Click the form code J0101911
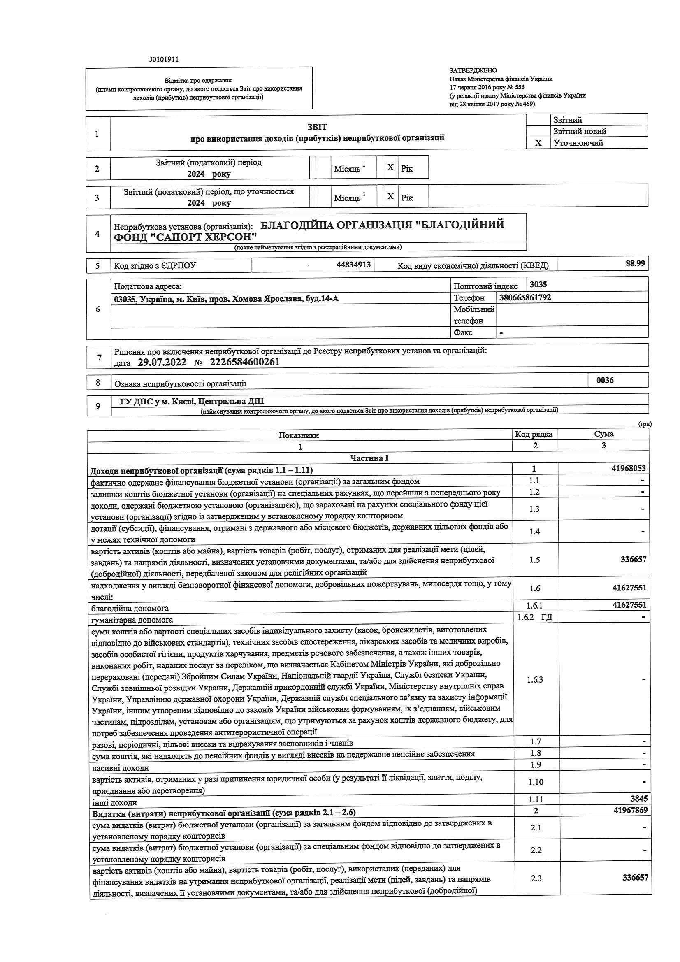click(x=163, y=60)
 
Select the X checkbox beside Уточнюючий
click(x=538, y=143)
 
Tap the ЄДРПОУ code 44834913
click(x=354, y=265)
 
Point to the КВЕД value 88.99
click(x=636, y=264)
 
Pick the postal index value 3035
click(x=538, y=284)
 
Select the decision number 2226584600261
click(x=244, y=362)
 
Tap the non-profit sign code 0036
click(x=605, y=380)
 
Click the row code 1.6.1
click(x=535, y=605)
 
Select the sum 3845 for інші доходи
click(x=638, y=799)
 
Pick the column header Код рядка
click(x=534, y=434)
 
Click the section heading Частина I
click(x=369, y=458)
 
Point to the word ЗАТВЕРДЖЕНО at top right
click(x=473, y=70)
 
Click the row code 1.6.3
click(x=535, y=680)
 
